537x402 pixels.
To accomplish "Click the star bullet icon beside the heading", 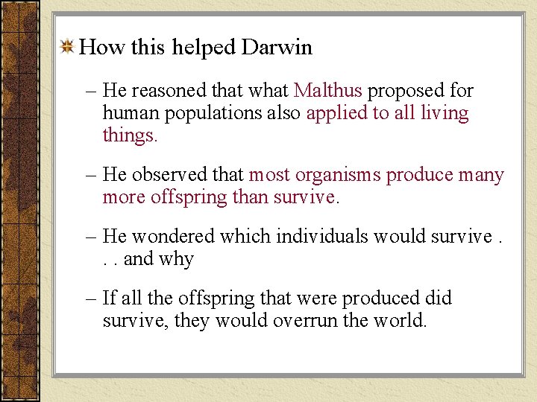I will pyautogui.click(x=67, y=48).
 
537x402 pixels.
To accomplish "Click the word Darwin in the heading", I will pyautogui.click(x=277, y=48).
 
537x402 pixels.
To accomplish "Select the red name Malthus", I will pyautogui.click(x=327, y=91).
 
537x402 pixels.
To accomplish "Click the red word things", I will pyautogui.click(x=130, y=136).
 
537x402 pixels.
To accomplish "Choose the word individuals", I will pyautogui.click(x=324, y=237).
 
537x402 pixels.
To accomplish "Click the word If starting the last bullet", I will pyautogui.click(x=109, y=298).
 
